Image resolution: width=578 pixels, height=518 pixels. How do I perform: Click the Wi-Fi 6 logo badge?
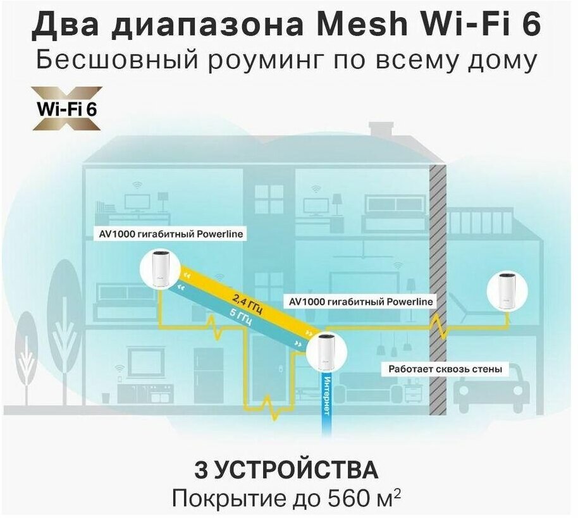pyautogui.click(x=67, y=108)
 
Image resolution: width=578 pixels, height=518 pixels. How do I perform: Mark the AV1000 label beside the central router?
pyautogui.click(x=360, y=302)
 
